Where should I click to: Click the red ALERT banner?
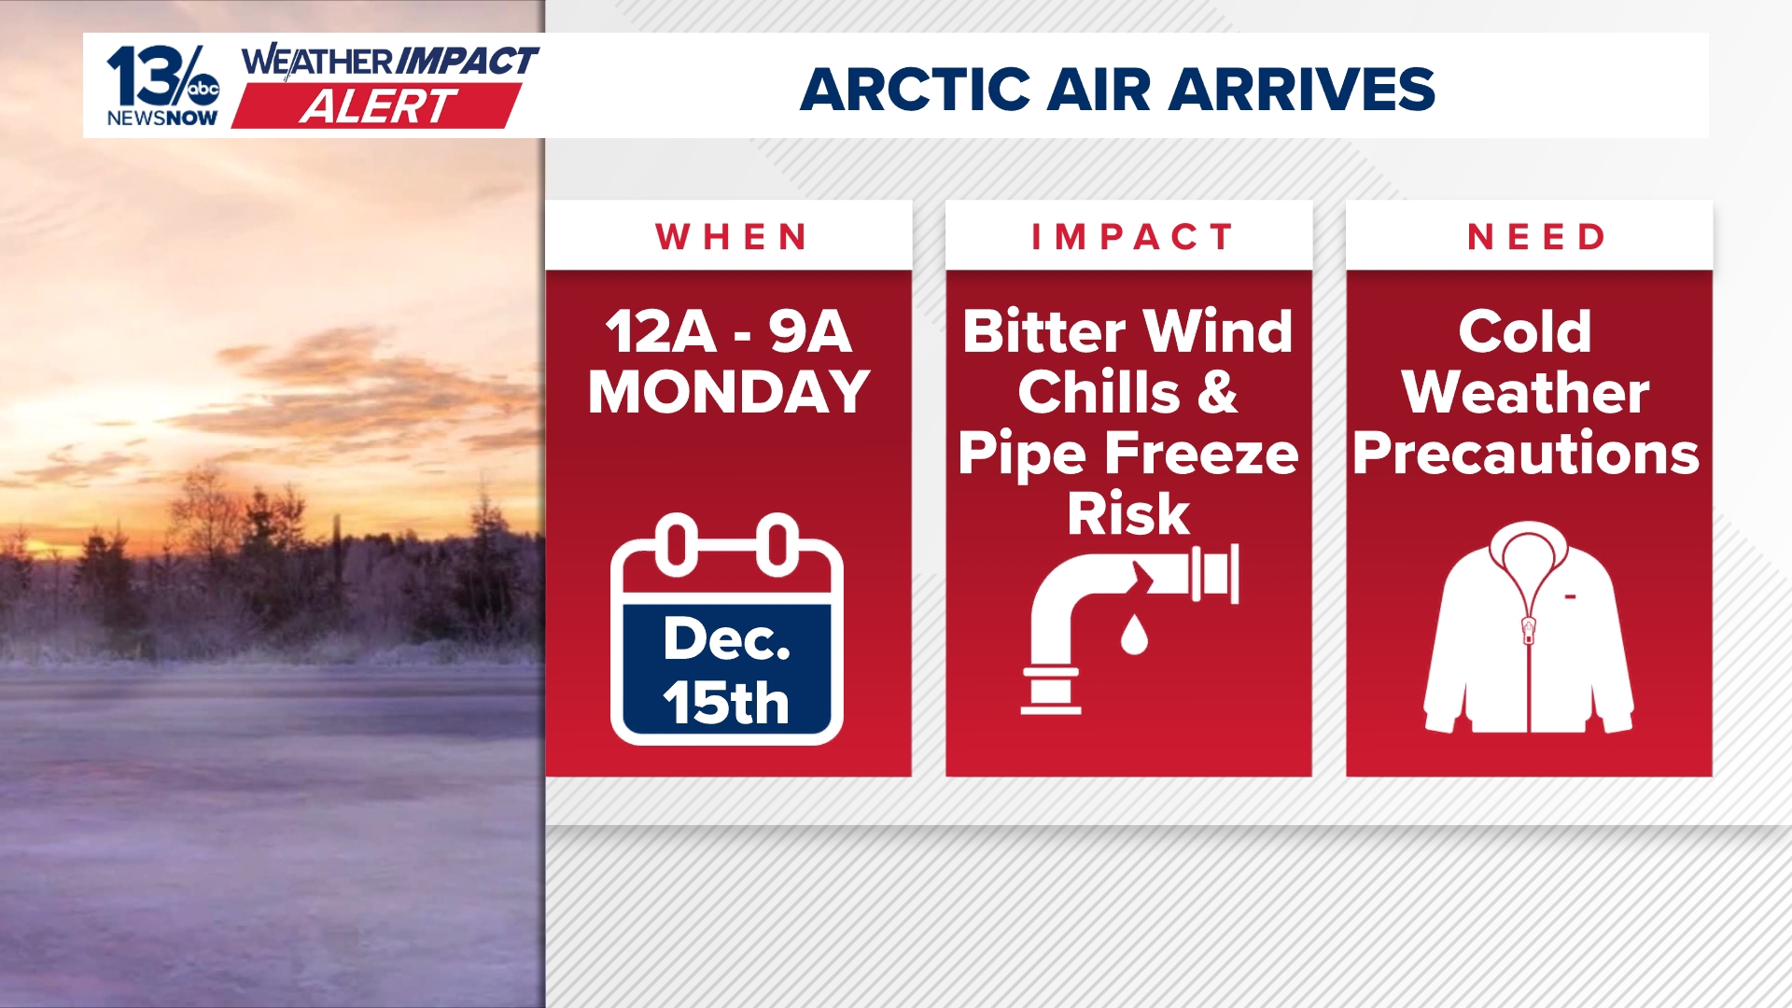[x=377, y=106]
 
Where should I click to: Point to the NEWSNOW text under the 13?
[x=162, y=119]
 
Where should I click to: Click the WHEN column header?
[x=731, y=237]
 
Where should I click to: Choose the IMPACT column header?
[x=1131, y=237]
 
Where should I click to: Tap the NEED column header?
[x=1536, y=237]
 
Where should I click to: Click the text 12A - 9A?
[x=729, y=331]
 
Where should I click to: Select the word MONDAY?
[x=729, y=392]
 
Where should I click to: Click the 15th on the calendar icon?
[x=726, y=702]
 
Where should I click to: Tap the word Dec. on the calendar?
[x=726, y=639]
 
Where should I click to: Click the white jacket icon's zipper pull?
[x=1529, y=630]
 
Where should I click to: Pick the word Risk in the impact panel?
[x=1128, y=513]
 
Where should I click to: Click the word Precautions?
[x=1526, y=454]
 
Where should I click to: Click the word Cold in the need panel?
[x=1525, y=331]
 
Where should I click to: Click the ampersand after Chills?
[x=1218, y=392]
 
